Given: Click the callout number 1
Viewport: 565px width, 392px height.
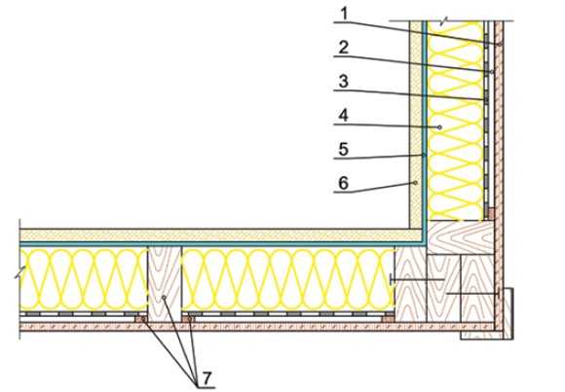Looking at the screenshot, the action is click(x=345, y=14).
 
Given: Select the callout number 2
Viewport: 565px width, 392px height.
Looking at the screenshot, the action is click(x=344, y=48).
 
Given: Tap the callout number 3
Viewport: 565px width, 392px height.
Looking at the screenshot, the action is click(x=344, y=81).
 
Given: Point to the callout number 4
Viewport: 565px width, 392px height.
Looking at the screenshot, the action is click(x=344, y=116).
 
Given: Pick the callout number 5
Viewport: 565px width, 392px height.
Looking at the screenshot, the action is click(x=344, y=149).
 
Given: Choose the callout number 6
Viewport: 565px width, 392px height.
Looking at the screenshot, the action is click(x=344, y=183).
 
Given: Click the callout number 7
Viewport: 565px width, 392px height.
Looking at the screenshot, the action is click(x=207, y=378).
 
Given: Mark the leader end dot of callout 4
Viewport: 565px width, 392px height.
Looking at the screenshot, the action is click(x=439, y=127).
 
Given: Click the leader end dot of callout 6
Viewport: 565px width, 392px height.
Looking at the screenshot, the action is click(x=415, y=183).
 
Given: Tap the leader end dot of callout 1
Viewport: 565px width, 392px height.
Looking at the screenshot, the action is click(x=500, y=45).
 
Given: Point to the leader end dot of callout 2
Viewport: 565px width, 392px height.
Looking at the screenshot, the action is click(x=492, y=72).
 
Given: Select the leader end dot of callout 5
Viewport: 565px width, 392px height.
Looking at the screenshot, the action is click(x=425, y=155).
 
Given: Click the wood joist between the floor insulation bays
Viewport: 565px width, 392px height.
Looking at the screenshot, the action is click(x=165, y=284).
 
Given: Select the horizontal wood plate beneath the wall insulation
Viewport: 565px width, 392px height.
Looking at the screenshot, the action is click(x=461, y=237).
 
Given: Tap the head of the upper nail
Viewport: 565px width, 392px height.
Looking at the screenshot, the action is click(x=391, y=280).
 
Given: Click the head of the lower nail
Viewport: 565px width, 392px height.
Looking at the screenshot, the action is click(x=498, y=294).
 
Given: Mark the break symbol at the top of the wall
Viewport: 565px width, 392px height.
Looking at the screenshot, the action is click(x=444, y=21).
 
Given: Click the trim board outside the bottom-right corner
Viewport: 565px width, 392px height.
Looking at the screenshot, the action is click(x=508, y=313).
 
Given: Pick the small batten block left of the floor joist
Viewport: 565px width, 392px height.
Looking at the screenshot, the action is click(x=141, y=319).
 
